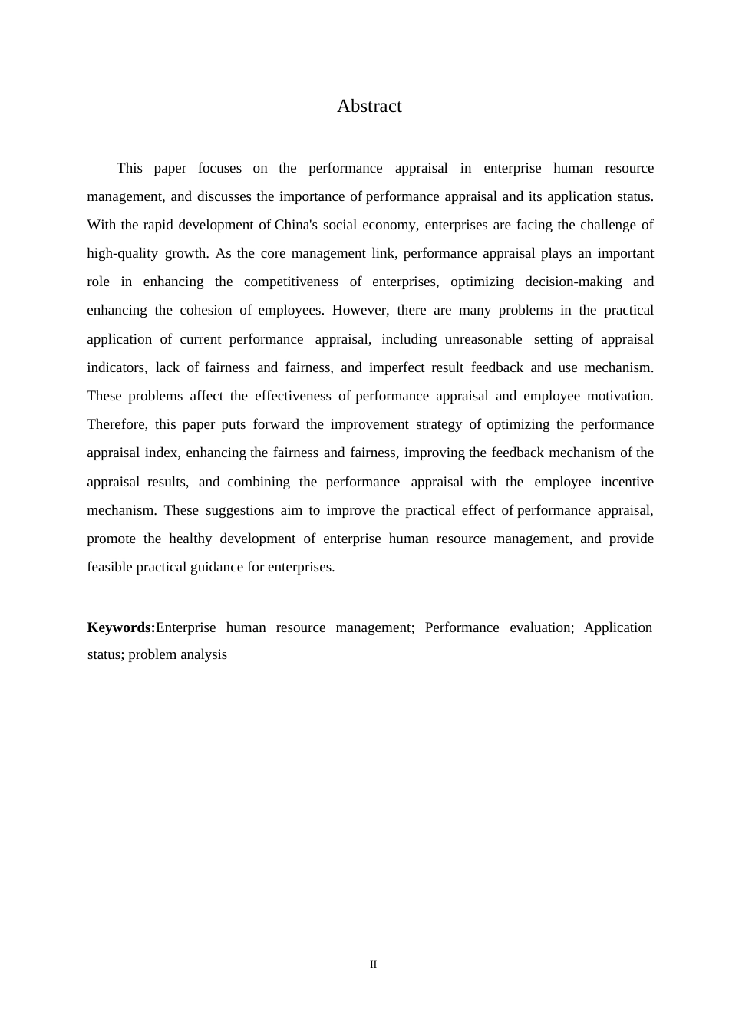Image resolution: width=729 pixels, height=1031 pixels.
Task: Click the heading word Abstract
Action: (x=369, y=107)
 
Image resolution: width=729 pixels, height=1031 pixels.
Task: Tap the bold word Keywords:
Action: (x=121, y=627)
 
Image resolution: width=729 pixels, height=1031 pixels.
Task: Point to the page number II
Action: (x=374, y=965)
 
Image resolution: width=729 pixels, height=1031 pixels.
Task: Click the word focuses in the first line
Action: (x=219, y=168)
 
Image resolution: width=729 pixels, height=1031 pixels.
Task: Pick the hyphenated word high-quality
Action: (x=122, y=253)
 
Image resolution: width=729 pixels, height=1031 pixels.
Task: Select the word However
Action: (x=361, y=310)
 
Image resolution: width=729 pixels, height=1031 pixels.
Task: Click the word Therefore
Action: (x=117, y=424)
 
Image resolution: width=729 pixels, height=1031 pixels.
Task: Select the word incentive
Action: (x=627, y=482)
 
